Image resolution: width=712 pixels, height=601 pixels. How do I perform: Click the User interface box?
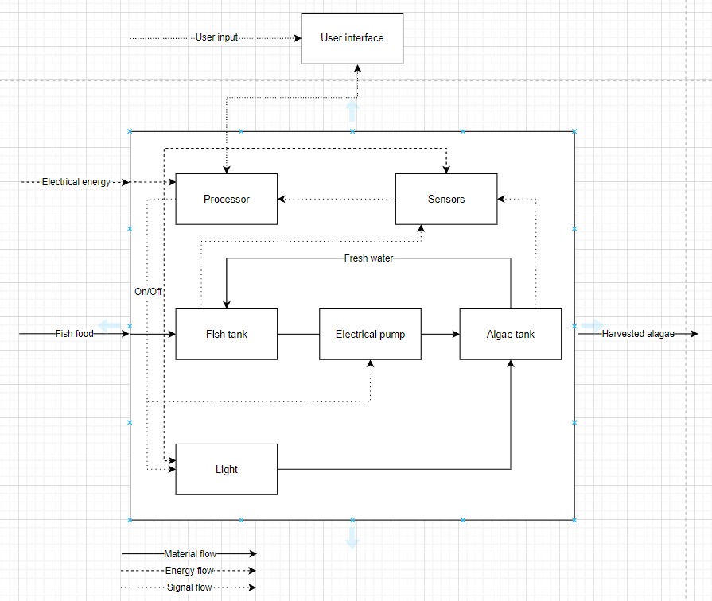[352, 38]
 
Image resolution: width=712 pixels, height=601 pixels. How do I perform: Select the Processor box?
[227, 199]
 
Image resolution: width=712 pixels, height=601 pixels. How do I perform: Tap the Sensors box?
[446, 199]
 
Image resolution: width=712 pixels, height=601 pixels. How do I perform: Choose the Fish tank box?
[227, 334]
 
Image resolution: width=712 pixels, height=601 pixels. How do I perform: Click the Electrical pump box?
[370, 334]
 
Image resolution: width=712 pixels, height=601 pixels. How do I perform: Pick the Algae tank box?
[511, 334]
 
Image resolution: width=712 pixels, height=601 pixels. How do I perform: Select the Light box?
[227, 469]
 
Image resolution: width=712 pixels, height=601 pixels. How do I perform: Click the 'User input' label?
[216, 37]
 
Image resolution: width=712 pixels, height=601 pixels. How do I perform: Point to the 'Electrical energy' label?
[76, 182]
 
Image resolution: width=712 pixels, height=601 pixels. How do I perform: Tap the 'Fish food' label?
[75, 334]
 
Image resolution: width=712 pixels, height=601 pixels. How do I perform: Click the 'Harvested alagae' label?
[638, 334]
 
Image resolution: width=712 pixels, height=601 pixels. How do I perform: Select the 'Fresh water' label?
[368, 258]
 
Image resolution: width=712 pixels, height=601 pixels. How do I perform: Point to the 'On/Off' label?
[148, 292]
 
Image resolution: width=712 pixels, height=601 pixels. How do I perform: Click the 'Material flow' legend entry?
[190, 553]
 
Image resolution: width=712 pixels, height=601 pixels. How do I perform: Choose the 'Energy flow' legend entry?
[189, 570]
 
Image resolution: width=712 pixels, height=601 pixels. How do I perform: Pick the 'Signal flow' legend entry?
[189, 587]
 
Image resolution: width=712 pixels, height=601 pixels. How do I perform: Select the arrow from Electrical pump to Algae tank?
[440, 334]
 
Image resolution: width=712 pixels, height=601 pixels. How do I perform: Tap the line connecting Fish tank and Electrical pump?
[298, 334]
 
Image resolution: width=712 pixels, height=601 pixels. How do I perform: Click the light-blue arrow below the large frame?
[352, 538]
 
